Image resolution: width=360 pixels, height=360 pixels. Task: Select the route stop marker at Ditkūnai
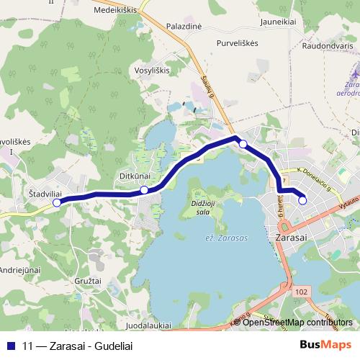click(145, 190)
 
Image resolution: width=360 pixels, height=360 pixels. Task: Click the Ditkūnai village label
click(135, 176)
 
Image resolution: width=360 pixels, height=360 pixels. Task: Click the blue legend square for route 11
click(11, 345)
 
